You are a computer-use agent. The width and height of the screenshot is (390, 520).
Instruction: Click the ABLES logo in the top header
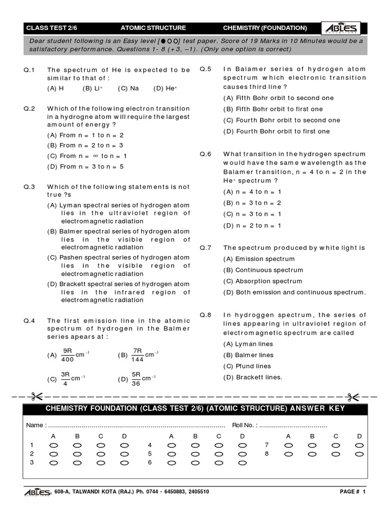tap(342, 28)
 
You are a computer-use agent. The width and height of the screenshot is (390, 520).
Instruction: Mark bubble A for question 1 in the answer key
tap(53, 445)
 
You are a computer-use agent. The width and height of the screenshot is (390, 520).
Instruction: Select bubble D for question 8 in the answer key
tap(360, 453)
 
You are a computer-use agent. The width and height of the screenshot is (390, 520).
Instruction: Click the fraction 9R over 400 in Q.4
tap(68, 355)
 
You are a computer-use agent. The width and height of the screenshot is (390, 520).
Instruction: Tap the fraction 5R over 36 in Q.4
tap(136, 379)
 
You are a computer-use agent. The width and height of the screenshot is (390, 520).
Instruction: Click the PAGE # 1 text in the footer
tap(352, 492)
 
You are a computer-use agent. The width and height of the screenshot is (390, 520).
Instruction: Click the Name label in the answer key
tap(36, 425)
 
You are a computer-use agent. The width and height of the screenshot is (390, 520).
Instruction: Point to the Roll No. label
tap(244, 425)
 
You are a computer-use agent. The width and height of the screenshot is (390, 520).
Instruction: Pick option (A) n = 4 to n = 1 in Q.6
tap(252, 192)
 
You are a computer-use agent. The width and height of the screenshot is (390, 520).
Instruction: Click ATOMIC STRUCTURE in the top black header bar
tap(153, 28)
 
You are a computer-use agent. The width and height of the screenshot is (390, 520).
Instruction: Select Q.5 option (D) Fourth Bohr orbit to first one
tap(276, 132)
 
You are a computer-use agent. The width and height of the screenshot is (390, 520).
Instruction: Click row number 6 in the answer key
tap(150, 463)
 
